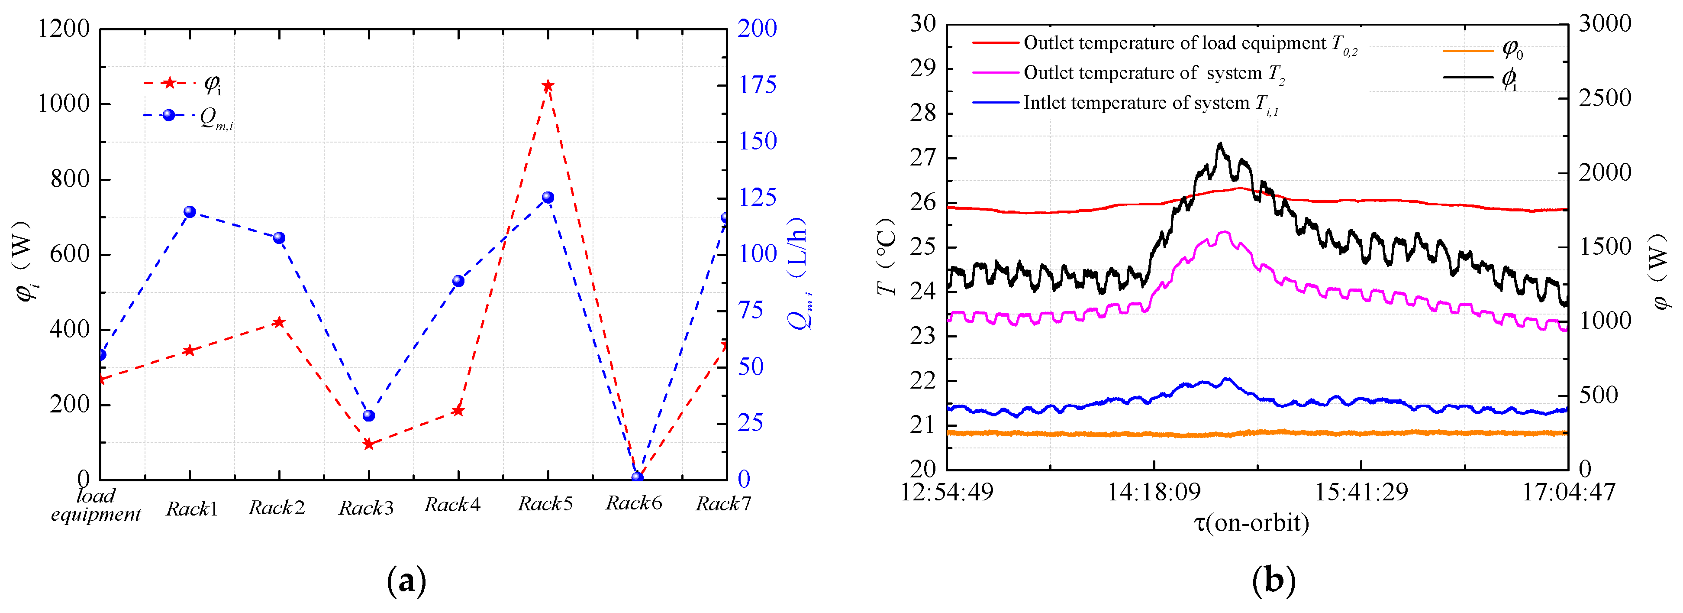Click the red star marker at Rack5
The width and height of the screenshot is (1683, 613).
[548, 86]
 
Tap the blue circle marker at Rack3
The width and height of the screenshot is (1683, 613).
[368, 415]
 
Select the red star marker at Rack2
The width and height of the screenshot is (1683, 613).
[279, 322]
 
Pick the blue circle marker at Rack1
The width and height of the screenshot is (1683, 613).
[190, 212]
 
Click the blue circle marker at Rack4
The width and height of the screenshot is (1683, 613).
[458, 281]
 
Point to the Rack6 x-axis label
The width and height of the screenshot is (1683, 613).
[633, 503]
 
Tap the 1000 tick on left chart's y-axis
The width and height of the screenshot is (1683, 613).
[63, 104]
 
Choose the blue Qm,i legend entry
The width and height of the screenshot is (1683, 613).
[168, 115]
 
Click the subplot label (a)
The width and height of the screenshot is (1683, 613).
[406, 581]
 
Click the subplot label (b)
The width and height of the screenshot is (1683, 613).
[1274, 581]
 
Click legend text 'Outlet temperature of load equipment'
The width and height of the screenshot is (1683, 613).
[1174, 43]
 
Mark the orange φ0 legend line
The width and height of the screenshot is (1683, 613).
[1467, 50]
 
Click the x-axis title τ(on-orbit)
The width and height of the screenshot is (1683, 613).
[1251, 523]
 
